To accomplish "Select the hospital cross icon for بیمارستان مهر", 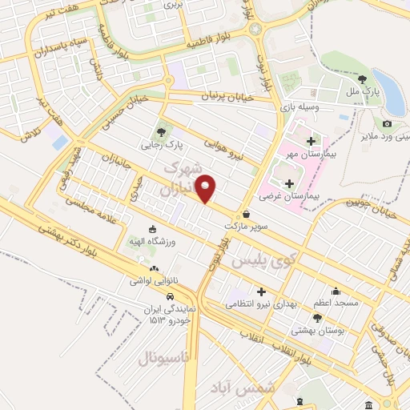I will [x=311, y=141].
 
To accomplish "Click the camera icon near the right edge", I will [x=387, y=123].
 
